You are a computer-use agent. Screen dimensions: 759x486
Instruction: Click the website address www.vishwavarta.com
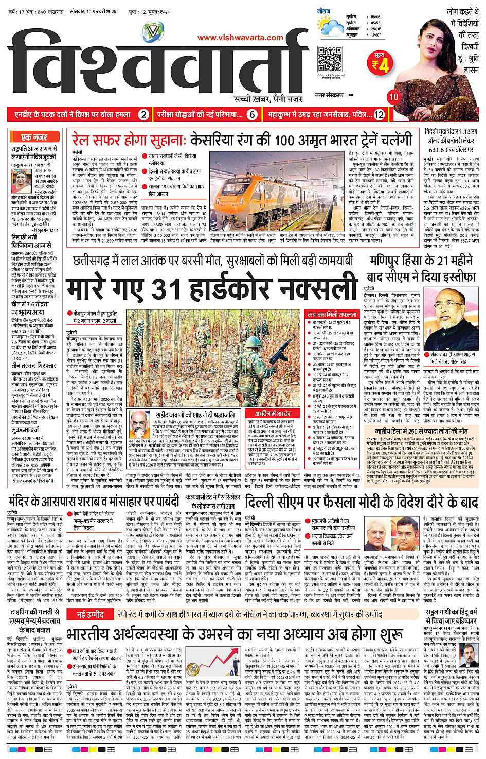240,38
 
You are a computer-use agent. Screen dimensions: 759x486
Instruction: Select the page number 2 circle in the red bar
144,115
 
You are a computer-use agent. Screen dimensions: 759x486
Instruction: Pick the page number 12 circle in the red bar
379,115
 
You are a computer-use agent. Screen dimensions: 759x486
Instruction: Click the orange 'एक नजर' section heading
34,137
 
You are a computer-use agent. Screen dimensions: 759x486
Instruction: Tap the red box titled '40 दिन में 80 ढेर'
273,413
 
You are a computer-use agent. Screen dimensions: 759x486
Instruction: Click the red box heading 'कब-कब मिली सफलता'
332,314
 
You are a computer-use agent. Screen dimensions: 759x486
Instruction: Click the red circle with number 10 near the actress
393,97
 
